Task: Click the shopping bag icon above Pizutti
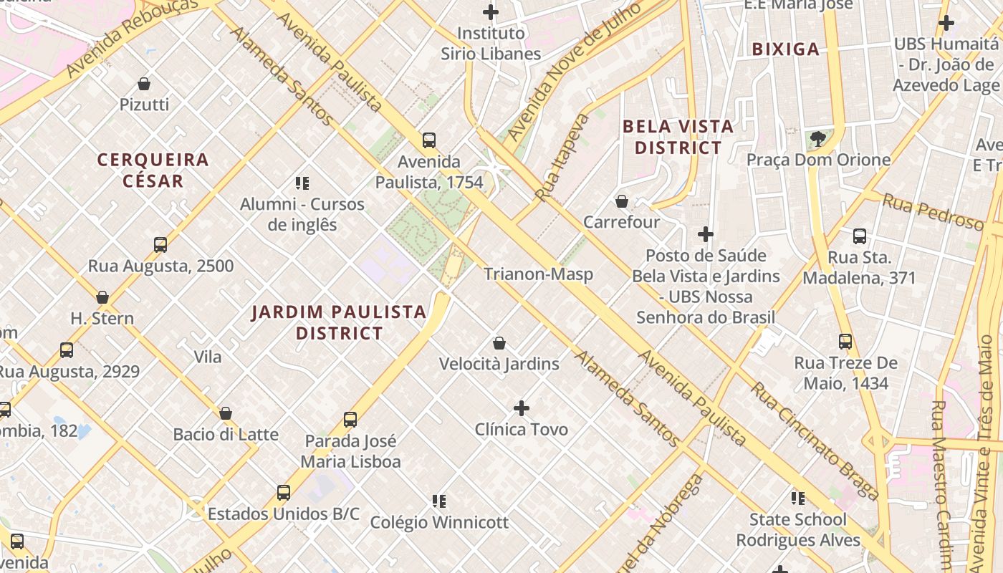pyautogui.click(x=144, y=84)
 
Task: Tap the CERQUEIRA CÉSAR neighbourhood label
pyautogui.click(x=153, y=170)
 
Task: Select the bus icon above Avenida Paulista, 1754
pyautogui.click(x=429, y=140)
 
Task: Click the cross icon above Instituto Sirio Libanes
pyautogui.click(x=491, y=12)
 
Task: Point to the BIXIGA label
pyautogui.click(x=786, y=49)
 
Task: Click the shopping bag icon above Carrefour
pyautogui.click(x=622, y=201)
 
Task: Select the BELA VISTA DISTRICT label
pyautogui.click(x=678, y=138)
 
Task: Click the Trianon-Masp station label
pyautogui.click(x=538, y=274)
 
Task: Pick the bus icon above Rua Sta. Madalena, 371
pyautogui.click(x=860, y=236)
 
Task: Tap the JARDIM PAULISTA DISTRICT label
pyautogui.click(x=340, y=322)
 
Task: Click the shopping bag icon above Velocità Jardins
pyautogui.click(x=499, y=343)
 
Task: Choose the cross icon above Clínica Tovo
pyautogui.click(x=522, y=409)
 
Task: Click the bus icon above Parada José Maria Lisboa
pyautogui.click(x=350, y=420)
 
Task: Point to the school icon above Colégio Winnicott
pyautogui.click(x=439, y=501)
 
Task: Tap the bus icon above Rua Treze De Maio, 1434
pyautogui.click(x=845, y=342)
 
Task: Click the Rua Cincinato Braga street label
pyautogui.click(x=814, y=441)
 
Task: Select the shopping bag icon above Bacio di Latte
pyautogui.click(x=226, y=413)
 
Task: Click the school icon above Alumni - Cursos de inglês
pyautogui.click(x=302, y=183)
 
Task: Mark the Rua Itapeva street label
pyautogui.click(x=563, y=157)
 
